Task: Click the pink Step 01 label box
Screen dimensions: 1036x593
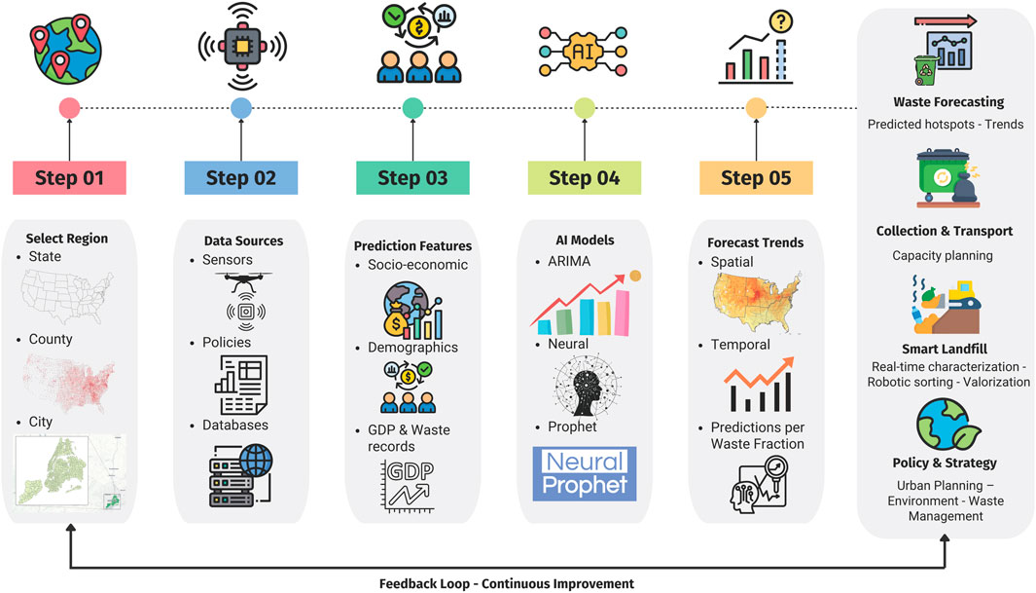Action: click(x=69, y=178)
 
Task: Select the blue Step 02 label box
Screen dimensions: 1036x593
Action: click(x=240, y=178)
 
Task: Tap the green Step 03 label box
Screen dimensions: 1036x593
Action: click(x=412, y=178)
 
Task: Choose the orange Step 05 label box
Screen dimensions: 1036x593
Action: click(x=755, y=178)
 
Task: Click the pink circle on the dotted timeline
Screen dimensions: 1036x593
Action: click(x=69, y=108)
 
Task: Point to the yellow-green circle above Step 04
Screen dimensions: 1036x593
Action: click(x=584, y=108)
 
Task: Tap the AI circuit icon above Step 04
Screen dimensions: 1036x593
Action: click(x=583, y=47)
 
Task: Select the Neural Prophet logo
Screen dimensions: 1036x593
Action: click(x=584, y=473)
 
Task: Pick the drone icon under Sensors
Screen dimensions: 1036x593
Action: click(x=239, y=281)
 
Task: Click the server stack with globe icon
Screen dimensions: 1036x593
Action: click(x=240, y=476)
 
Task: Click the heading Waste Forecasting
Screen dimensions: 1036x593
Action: click(x=947, y=102)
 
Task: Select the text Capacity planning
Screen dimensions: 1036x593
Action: click(x=943, y=256)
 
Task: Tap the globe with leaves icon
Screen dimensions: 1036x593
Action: click(x=944, y=426)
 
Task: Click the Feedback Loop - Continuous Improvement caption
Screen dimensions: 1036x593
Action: click(x=506, y=584)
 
